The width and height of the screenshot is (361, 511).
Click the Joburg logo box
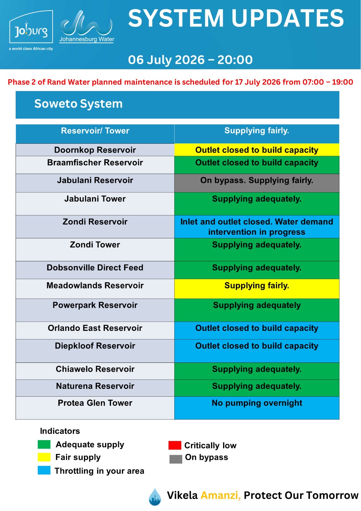(x=31, y=27)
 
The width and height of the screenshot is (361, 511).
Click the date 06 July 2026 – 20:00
(x=190, y=60)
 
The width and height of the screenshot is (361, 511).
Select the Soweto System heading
(x=79, y=104)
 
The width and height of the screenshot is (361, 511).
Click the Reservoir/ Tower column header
(x=95, y=131)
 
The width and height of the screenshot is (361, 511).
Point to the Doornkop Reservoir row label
(x=95, y=150)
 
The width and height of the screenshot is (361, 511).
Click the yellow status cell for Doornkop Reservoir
(x=257, y=150)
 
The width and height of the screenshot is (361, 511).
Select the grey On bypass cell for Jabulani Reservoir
(x=257, y=183)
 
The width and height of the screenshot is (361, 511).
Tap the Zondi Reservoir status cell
(x=257, y=227)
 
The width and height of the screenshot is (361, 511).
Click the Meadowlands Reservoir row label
(x=95, y=286)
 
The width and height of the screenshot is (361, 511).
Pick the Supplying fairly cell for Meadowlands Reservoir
(x=257, y=289)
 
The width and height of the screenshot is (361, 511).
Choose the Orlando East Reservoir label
(x=95, y=328)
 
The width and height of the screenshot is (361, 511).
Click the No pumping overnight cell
(x=257, y=408)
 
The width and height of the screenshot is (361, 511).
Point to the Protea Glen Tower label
(x=95, y=403)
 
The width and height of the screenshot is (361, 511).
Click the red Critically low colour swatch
(x=175, y=445)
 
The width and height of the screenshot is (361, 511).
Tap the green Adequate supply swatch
(x=44, y=444)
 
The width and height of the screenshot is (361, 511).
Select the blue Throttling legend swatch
(x=44, y=470)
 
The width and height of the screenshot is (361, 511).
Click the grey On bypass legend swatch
(x=176, y=459)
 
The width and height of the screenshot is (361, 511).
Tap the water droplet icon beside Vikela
(x=155, y=497)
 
